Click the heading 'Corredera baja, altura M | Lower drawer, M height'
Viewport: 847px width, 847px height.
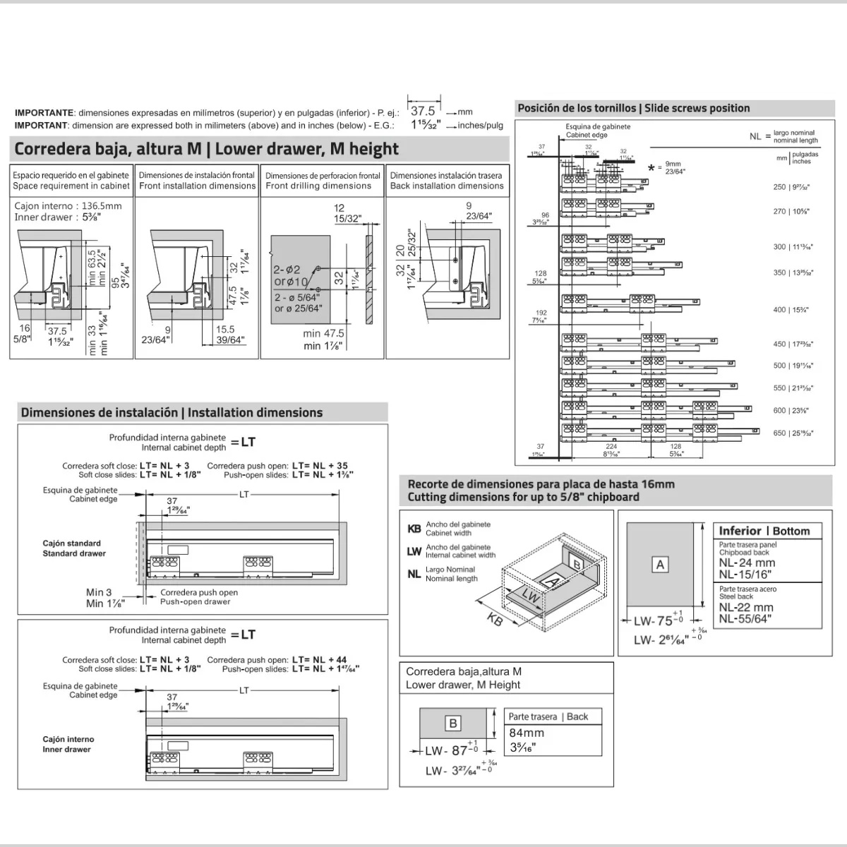(207, 149)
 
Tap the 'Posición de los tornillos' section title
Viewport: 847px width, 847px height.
(633, 108)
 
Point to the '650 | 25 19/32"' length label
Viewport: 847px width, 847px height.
(793, 433)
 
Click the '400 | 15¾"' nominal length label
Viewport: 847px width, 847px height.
(791, 310)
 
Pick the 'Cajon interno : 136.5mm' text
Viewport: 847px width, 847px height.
(68, 206)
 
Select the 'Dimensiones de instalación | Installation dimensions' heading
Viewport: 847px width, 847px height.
(172, 413)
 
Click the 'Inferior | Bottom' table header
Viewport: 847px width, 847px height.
(764, 531)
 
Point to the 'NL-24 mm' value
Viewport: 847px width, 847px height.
(747, 563)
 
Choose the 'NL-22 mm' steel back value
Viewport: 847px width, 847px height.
(746, 607)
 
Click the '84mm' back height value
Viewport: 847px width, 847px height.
(527, 733)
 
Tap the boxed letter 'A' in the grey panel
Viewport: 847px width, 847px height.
(661, 565)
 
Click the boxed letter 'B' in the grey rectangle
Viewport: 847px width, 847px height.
(453, 723)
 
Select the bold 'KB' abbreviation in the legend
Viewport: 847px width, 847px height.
(414, 529)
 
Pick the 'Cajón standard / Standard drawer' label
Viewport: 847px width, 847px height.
(73, 548)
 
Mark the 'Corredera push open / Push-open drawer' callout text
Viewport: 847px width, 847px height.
(198, 597)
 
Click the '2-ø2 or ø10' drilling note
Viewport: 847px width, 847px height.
(290, 275)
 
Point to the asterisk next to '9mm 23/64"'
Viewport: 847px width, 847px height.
(651, 168)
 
